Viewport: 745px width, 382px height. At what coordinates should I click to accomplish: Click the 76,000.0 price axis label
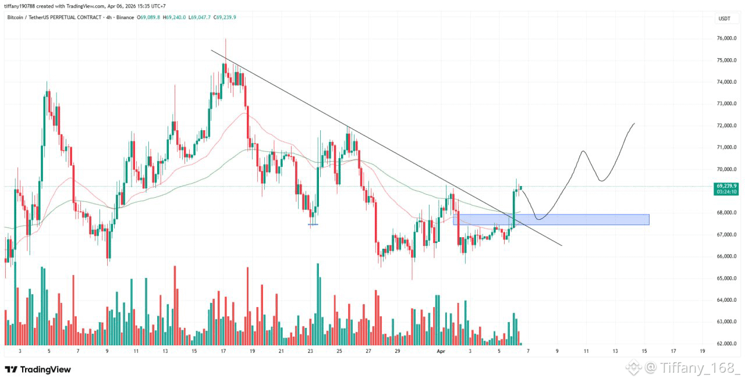pyautogui.click(x=726, y=38)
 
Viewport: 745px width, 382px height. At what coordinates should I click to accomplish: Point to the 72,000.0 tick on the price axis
pyautogui.click(x=726, y=126)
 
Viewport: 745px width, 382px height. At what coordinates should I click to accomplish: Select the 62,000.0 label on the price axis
pyautogui.click(x=726, y=344)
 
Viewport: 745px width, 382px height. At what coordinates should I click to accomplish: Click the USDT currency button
pyautogui.click(x=725, y=19)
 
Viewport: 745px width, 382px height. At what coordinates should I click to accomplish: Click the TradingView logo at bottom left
pyautogui.click(x=38, y=369)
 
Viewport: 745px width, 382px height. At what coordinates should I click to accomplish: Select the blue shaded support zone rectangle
pyautogui.click(x=551, y=220)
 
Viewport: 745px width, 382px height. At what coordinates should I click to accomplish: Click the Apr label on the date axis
pyautogui.click(x=441, y=351)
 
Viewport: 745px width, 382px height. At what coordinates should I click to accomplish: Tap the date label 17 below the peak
pyautogui.click(x=223, y=351)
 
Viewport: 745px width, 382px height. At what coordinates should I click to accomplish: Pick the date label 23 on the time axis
pyautogui.click(x=310, y=351)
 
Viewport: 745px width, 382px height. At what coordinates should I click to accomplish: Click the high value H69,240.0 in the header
pyautogui.click(x=174, y=17)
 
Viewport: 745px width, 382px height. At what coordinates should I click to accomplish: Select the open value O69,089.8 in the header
pyautogui.click(x=148, y=17)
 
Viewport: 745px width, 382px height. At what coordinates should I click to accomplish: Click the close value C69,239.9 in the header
pyautogui.click(x=225, y=17)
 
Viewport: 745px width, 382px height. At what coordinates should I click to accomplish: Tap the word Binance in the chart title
pyautogui.click(x=125, y=17)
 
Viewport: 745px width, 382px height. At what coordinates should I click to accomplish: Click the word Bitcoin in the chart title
pyautogui.click(x=15, y=17)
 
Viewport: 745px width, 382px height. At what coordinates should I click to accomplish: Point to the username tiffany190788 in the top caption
pyautogui.click(x=22, y=6)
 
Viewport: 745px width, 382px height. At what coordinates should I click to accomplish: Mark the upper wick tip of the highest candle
pyautogui.click(x=225, y=39)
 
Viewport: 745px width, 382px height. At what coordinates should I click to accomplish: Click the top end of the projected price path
pyautogui.click(x=634, y=124)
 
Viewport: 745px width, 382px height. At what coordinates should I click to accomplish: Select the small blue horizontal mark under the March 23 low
pyautogui.click(x=313, y=224)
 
